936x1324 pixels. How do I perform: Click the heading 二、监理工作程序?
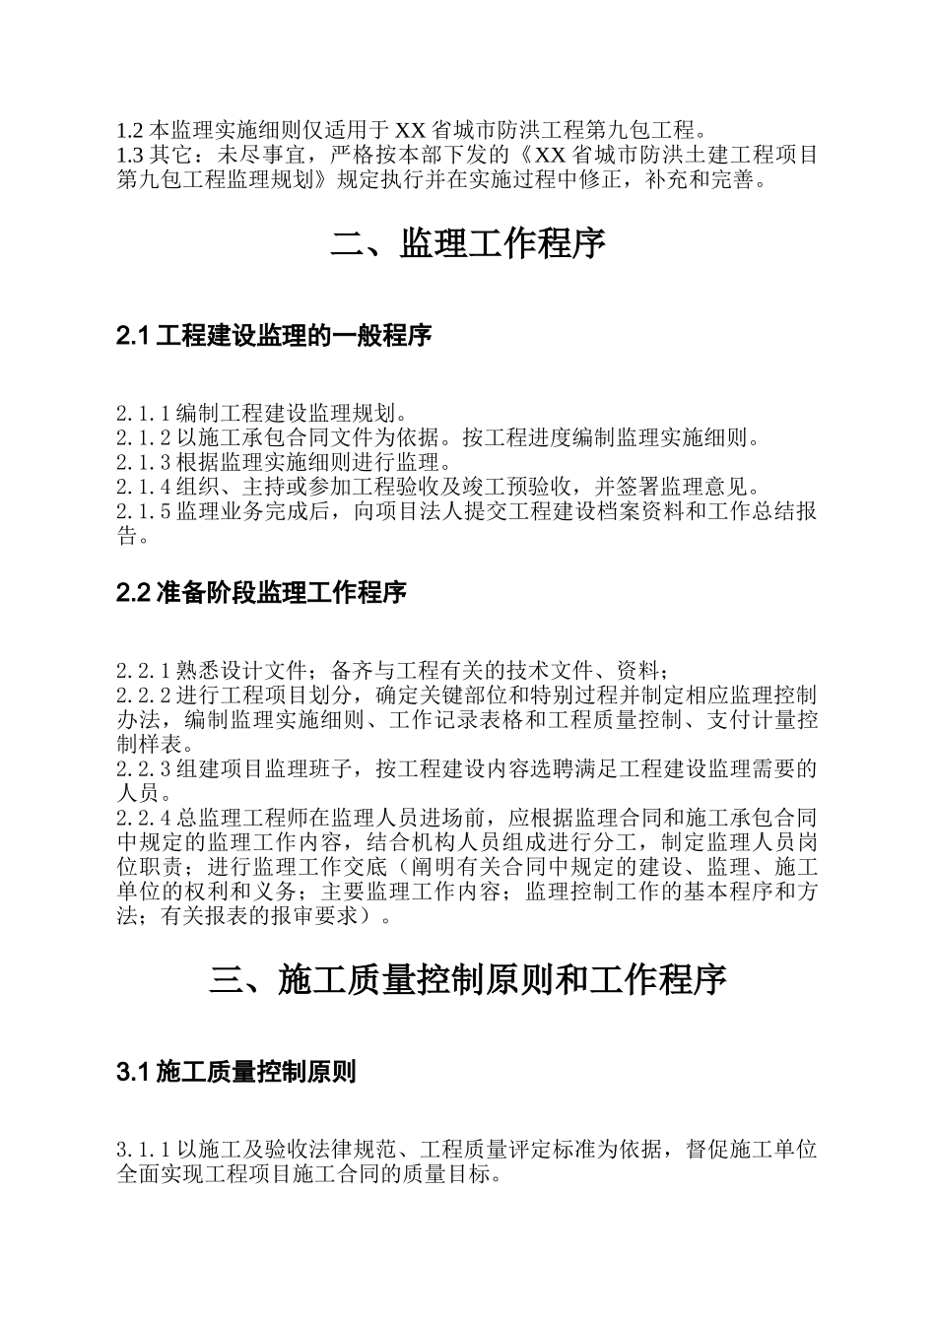[467, 244]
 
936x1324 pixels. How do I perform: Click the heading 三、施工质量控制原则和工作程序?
[467, 978]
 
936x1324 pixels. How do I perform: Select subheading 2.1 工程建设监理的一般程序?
[273, 336]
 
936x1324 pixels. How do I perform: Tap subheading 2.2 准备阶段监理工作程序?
[260, 593]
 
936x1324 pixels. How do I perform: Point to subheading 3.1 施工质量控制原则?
[235, 1072]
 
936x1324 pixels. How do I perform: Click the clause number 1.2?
[130, 129]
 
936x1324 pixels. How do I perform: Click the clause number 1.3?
[130, 155]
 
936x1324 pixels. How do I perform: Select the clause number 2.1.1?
[144, 413]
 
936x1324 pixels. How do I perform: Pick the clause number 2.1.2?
[144, 437]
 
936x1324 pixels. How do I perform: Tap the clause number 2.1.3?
[144, 462]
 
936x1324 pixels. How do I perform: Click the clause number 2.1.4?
[144, 487]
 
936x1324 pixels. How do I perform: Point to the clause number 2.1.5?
[144, 511]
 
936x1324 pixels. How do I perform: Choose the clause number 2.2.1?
[144, 671]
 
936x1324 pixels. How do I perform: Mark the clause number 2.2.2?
[144, 695]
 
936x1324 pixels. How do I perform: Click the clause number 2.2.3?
[144, 768]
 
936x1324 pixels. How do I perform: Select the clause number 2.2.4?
[144, 818]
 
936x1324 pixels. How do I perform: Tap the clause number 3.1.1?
[144, 1150]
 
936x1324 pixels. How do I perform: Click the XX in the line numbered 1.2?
[410, 129]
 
